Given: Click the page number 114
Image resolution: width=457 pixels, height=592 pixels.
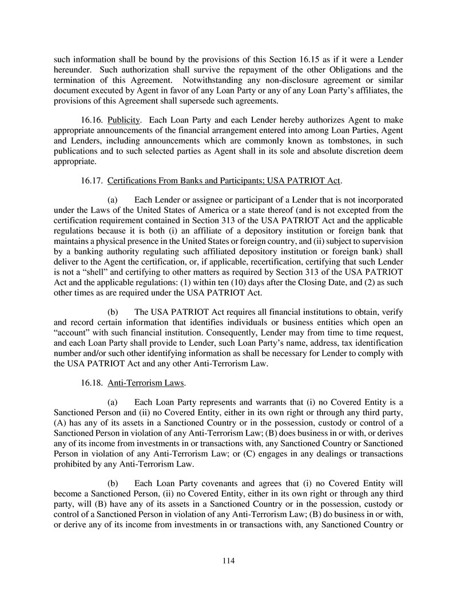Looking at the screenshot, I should pyautogui.click(x=228, y=561).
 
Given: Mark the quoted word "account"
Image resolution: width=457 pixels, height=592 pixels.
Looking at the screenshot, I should pyautogui.click(x=72, y=334).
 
